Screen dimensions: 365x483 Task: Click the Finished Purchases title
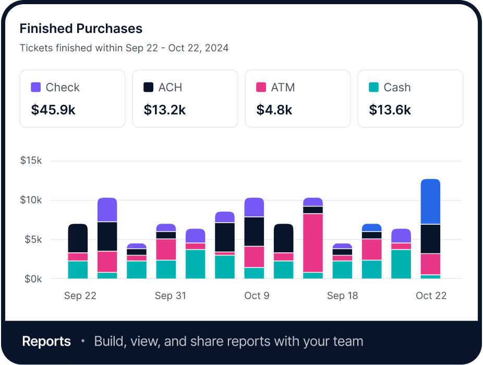81,28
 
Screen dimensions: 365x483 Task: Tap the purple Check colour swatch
36,87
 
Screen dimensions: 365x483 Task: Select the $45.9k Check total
53,110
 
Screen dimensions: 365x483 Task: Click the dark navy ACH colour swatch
149,87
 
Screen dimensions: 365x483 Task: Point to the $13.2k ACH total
165,110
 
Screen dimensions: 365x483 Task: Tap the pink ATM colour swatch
261,87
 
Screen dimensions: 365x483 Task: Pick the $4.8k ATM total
274,110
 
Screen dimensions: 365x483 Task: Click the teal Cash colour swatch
373,87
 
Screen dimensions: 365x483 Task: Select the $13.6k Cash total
390,110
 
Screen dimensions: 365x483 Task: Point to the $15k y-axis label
31,160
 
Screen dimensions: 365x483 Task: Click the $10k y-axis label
31,200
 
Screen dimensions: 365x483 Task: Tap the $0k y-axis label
32,279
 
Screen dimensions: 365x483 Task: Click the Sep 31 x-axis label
170,296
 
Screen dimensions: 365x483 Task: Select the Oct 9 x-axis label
257,296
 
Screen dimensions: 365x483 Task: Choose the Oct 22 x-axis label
431,296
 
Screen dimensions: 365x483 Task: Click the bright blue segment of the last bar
430,202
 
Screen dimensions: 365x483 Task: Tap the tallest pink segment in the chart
313,242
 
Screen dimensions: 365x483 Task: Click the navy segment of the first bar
78,238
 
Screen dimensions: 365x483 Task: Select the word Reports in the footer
46,342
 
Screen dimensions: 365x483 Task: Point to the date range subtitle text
124,48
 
